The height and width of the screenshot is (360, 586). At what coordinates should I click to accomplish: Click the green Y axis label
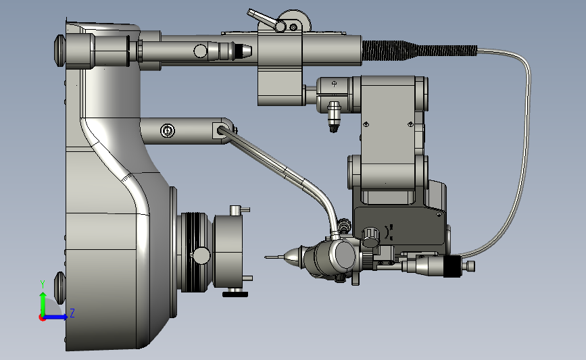[42, 284]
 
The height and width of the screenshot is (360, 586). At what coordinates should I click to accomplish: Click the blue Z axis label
[72, 313]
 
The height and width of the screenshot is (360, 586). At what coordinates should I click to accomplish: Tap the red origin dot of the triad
[42, 318]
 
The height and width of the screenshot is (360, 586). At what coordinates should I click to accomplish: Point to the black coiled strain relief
[419, 51]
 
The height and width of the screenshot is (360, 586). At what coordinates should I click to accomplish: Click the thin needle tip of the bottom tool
[274, 257]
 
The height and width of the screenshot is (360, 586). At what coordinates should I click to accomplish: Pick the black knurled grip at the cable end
[452, 266]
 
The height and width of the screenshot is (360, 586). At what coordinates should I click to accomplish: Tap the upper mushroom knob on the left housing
[59, 51]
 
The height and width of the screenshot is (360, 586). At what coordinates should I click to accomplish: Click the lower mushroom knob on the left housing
[59, 288]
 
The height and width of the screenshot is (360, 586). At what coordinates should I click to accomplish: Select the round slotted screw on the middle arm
[167, 131]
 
